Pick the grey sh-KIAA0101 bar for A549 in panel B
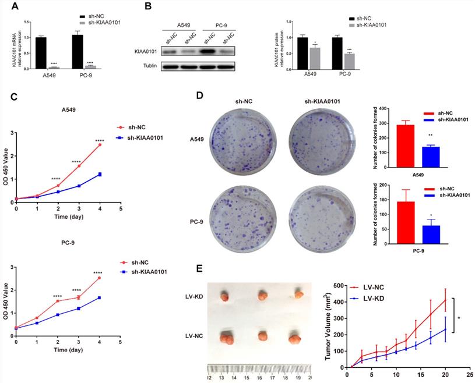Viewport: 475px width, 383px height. pyautogui.click(x=315, y=58)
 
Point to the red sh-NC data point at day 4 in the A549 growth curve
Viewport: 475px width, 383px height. pyautogui.click(x=100, y=144)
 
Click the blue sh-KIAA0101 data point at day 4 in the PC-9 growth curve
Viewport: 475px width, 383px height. pyautogui.click(x=100, y=297)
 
